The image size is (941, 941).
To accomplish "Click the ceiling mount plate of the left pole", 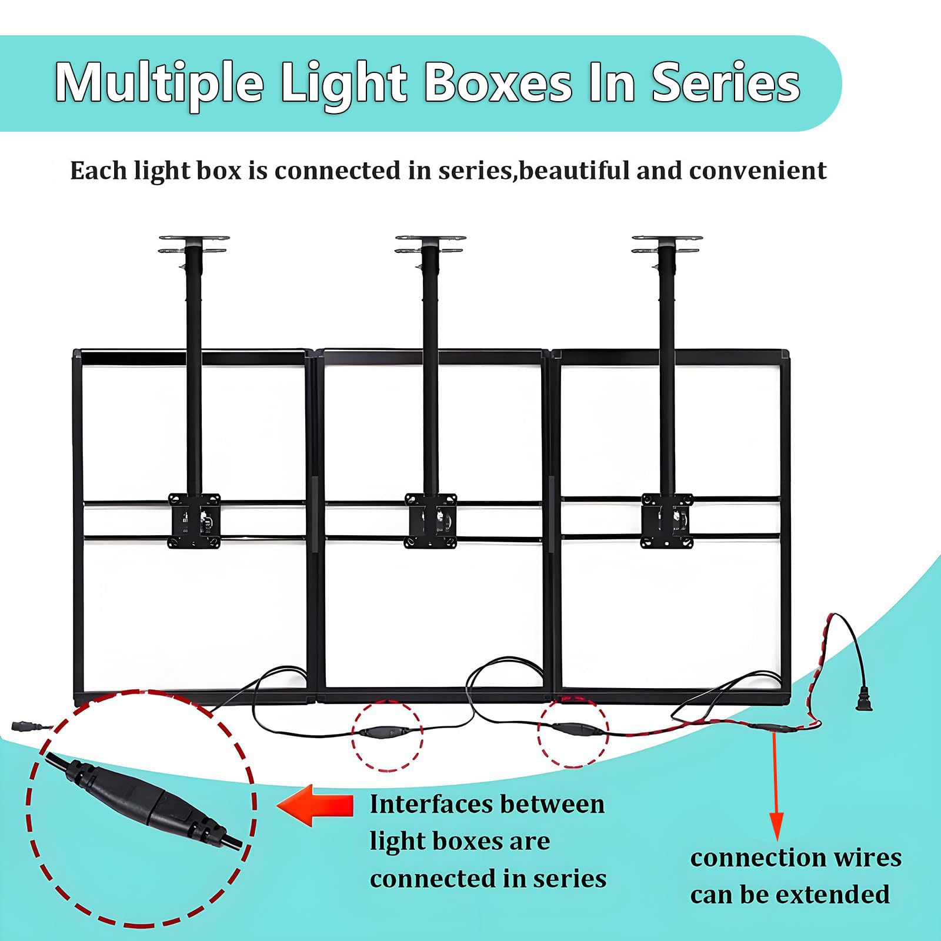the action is (194, 244).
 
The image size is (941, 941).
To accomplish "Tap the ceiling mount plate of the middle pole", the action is (431, 244).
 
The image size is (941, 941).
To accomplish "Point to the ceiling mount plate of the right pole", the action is (667, 244).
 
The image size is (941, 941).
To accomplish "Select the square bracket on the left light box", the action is (194, 520).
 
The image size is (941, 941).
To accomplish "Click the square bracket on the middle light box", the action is (431, 520).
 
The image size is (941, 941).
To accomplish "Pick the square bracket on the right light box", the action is (667, 520).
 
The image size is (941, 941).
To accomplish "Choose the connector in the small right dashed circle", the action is (573, 731).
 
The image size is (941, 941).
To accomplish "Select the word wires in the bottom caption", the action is (862, 858).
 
